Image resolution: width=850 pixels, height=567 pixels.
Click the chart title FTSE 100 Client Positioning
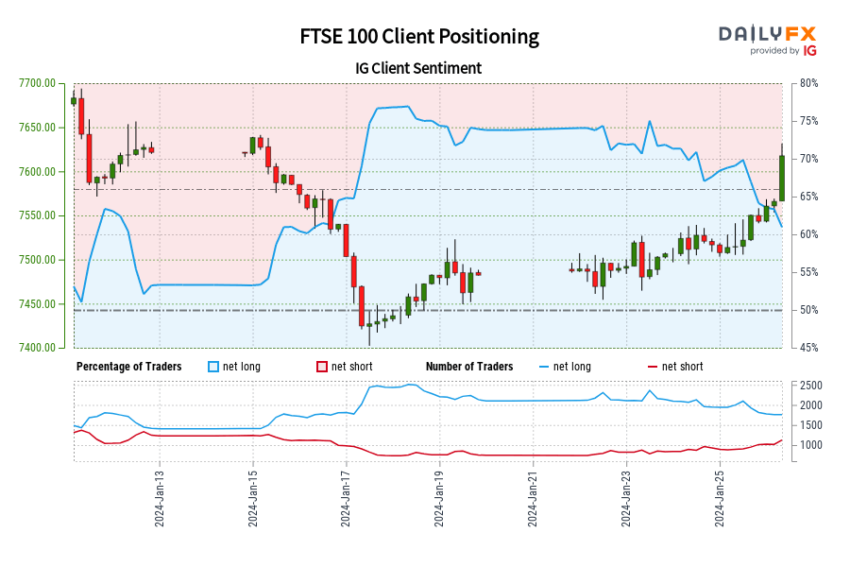419,37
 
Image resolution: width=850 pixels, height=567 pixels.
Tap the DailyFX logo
768,40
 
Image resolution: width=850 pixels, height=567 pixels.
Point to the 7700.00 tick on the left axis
37,83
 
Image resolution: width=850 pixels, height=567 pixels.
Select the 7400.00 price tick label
37,348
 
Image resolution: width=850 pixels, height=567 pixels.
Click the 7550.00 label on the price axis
37,215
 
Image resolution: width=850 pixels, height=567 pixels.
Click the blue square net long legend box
213,367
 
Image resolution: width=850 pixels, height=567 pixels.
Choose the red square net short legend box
322,367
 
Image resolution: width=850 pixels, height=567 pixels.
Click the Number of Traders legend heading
469,367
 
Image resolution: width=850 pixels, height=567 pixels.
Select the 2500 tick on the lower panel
811,386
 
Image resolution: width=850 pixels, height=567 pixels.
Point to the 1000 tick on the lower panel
811,444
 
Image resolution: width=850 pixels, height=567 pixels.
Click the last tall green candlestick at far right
782,178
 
